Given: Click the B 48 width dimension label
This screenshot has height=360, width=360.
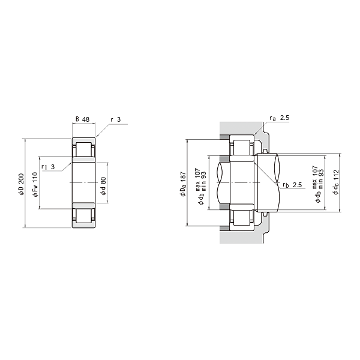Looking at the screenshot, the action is coord(83,119).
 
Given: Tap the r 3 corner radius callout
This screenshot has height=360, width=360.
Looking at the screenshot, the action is coord(116,119).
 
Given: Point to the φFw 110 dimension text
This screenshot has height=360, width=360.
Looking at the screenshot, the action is coord(35,185).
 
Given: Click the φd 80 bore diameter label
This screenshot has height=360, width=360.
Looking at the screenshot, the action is coord(103,186).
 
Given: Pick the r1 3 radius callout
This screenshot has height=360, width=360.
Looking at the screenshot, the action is coord(48,167).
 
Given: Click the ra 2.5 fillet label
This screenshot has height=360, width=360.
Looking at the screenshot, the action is coord(280,118).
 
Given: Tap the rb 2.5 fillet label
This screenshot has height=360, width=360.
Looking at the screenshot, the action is coord(292,185).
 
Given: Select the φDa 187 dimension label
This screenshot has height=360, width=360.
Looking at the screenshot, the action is coord(183,184).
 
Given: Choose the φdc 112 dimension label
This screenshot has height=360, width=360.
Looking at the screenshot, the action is coord(336,182).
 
